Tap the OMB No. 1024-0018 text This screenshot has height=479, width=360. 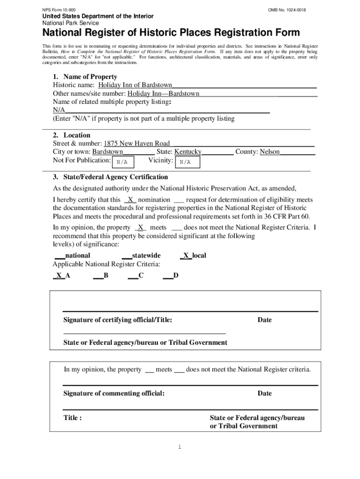pyautogui.click(x=287, y=10)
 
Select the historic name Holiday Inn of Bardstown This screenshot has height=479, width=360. pyautogui.click(x=135, y=86)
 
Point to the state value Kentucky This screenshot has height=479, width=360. pyautogui.click(x=187, y=152)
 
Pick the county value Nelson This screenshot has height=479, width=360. pyautogui.click(x=270, y=152)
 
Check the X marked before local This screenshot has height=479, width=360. pyautogui.click(x=186, y=255)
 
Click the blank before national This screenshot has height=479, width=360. pyautogui.click(x=59, y=255)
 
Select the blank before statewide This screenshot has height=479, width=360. pyautogui.click(x=126, y=255)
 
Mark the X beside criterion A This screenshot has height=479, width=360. pyautogui.click(x=59, y=276)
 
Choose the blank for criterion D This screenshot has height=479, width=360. pyautogui.click(x=168, y=276)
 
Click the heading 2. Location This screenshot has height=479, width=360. pyautogui.click(x=72, y=135)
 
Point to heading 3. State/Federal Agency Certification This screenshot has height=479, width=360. pyautogui.click(x=110, y=177)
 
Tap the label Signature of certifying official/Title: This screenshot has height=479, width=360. pyautogui.click(x=117, y=320)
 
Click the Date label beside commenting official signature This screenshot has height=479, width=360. pyautogui.click(x=264, y=393)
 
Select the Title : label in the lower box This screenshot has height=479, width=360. pyautogui.click(x=72, y=418)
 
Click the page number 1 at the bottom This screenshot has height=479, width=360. pyautogui.click(x=180, y=447)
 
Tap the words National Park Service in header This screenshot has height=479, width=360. pyautogui.click(x=71, y=23)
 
